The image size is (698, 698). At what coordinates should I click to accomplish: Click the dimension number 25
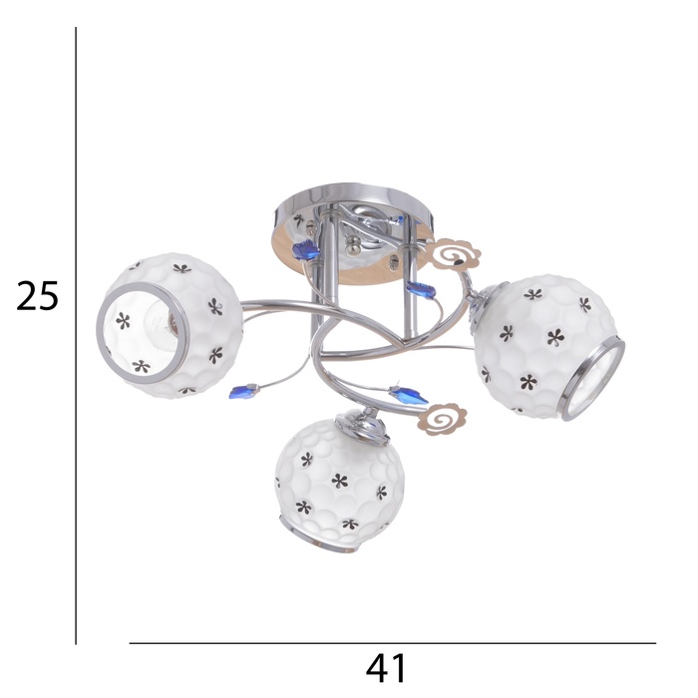38,296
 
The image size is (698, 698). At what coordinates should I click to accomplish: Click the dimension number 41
386,668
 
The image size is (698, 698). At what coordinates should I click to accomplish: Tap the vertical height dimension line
76,336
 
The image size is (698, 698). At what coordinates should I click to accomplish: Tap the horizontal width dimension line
393,643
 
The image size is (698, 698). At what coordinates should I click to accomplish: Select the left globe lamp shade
171,326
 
